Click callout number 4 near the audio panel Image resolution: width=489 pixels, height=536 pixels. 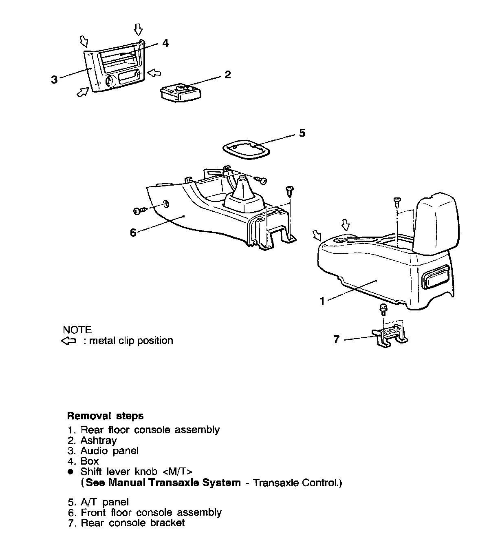165,43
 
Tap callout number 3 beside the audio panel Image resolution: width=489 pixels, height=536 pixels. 54,79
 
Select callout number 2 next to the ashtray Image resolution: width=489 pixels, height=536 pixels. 227,75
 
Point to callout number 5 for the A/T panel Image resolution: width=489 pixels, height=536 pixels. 302,133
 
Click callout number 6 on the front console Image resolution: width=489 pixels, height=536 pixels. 133,233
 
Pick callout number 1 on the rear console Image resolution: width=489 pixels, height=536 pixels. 322,301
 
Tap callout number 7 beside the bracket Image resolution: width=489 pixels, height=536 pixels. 336,339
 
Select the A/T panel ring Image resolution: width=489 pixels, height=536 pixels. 247,151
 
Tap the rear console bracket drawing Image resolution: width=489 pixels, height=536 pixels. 390,335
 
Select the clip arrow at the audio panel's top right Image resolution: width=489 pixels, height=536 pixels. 139,29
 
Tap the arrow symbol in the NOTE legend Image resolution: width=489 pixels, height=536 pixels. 68,341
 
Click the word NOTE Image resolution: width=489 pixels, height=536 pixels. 77,330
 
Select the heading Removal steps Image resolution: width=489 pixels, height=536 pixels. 105,416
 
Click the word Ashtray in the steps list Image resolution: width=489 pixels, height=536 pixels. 99,440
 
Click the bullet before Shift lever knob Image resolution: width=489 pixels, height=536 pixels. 70,472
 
